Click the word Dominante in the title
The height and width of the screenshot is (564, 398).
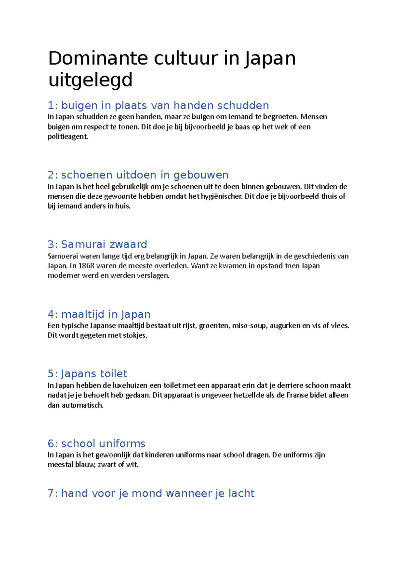click(98, 58)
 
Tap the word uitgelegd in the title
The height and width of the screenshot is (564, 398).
click(90, 80)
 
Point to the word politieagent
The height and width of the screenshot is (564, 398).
click(68, 137)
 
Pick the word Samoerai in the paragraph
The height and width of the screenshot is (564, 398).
click(63, 256)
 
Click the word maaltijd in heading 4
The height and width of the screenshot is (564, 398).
click(83, 314)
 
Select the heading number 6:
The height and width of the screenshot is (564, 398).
click(53, 444)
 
